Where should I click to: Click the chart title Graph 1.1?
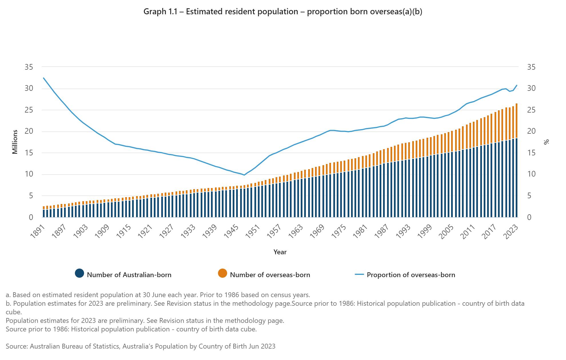coord(282,12)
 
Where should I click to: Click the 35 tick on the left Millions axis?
coord(29,67)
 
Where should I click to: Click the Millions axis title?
coord(15,142)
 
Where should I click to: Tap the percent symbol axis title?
coord(547,142)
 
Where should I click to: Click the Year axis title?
coord(280,252)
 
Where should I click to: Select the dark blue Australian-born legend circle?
coord(79,273)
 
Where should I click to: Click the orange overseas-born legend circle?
coord(222,273)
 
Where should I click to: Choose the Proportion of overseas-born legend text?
coord(411,275)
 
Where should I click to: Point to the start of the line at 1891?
coord(43,78)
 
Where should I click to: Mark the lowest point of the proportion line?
coord(244,175)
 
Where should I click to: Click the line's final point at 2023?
coord(517,85)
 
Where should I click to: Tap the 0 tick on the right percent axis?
coord(529,217)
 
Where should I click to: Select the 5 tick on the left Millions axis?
coord(31,196)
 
